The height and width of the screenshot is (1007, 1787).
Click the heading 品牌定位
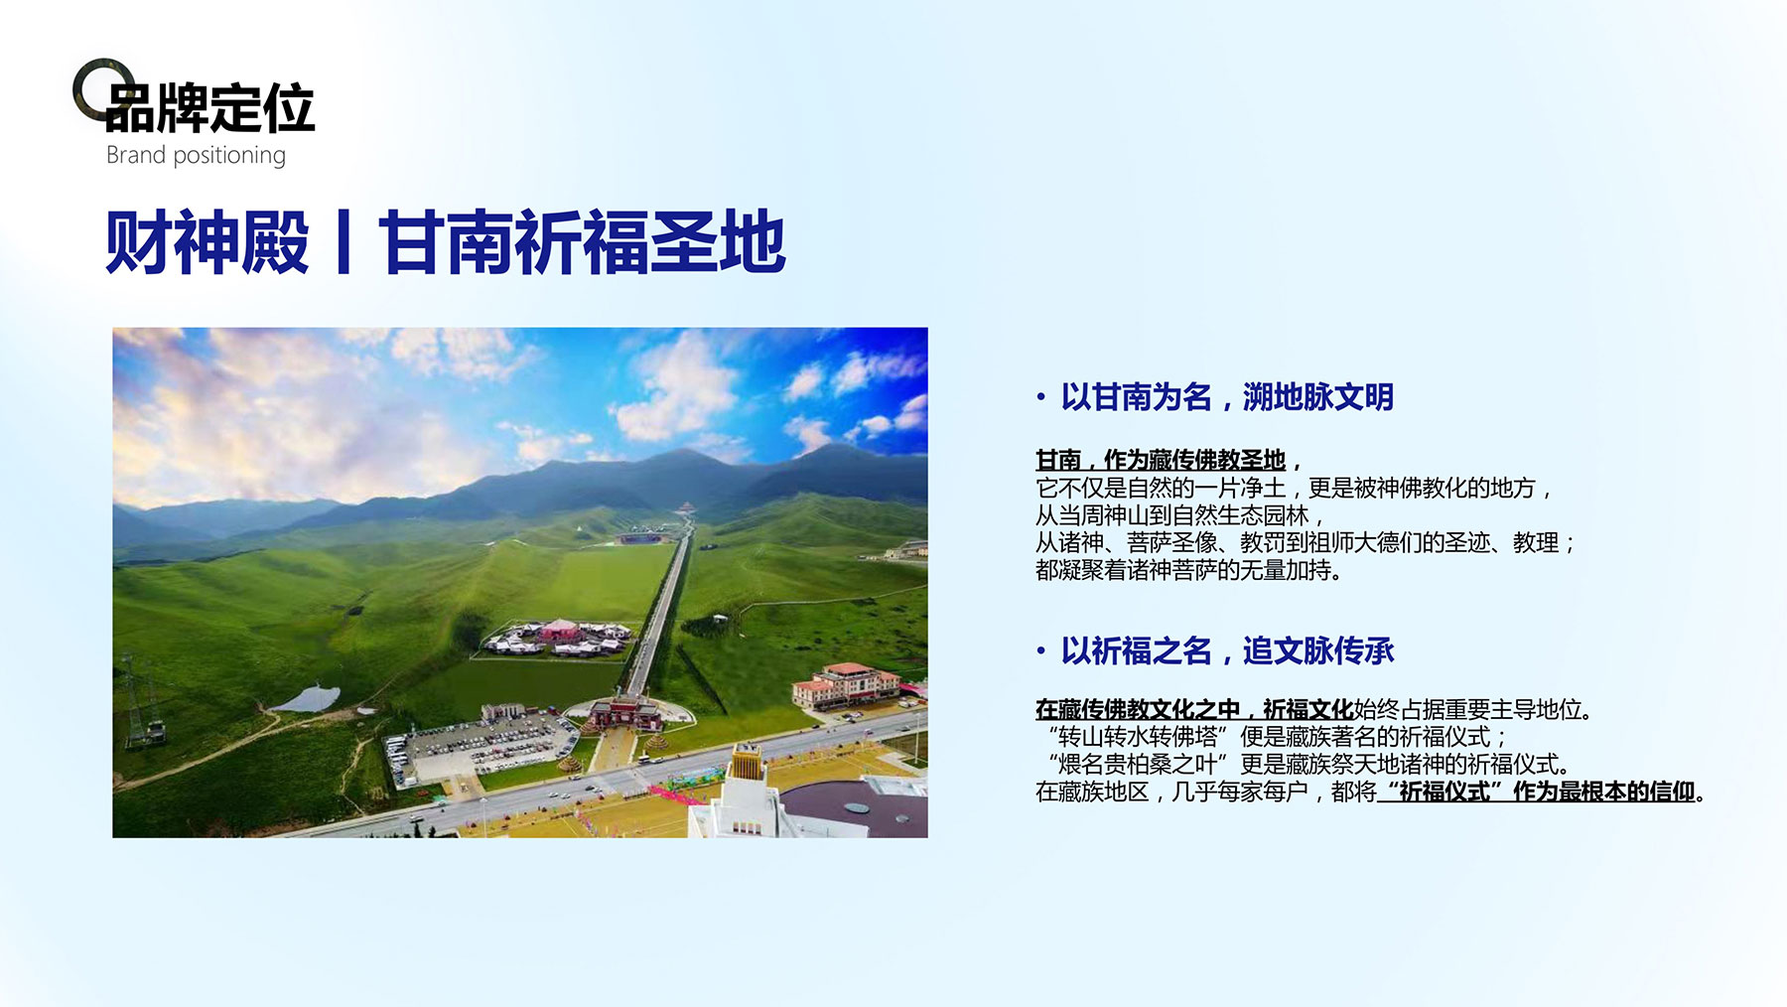tap(209, 108)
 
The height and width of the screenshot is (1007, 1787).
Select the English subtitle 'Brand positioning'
tap(196, 156)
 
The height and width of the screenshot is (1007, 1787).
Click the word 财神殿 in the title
tap(206, 242)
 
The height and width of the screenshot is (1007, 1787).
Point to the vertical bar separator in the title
tap(344, 242)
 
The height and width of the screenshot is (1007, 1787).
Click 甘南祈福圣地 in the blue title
tap(582, 242)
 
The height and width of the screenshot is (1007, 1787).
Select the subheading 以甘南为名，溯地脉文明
tap(1227, 397)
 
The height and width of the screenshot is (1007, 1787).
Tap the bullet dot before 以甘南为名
tap(1040, 398)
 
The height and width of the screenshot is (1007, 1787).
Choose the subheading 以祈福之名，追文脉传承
tap(1227, 651)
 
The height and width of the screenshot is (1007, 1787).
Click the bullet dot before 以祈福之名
tap(1040, 652)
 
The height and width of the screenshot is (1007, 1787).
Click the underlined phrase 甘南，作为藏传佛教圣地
tap(1161, 460)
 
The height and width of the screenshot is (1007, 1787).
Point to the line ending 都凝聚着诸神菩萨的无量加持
tap(1189, 570)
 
